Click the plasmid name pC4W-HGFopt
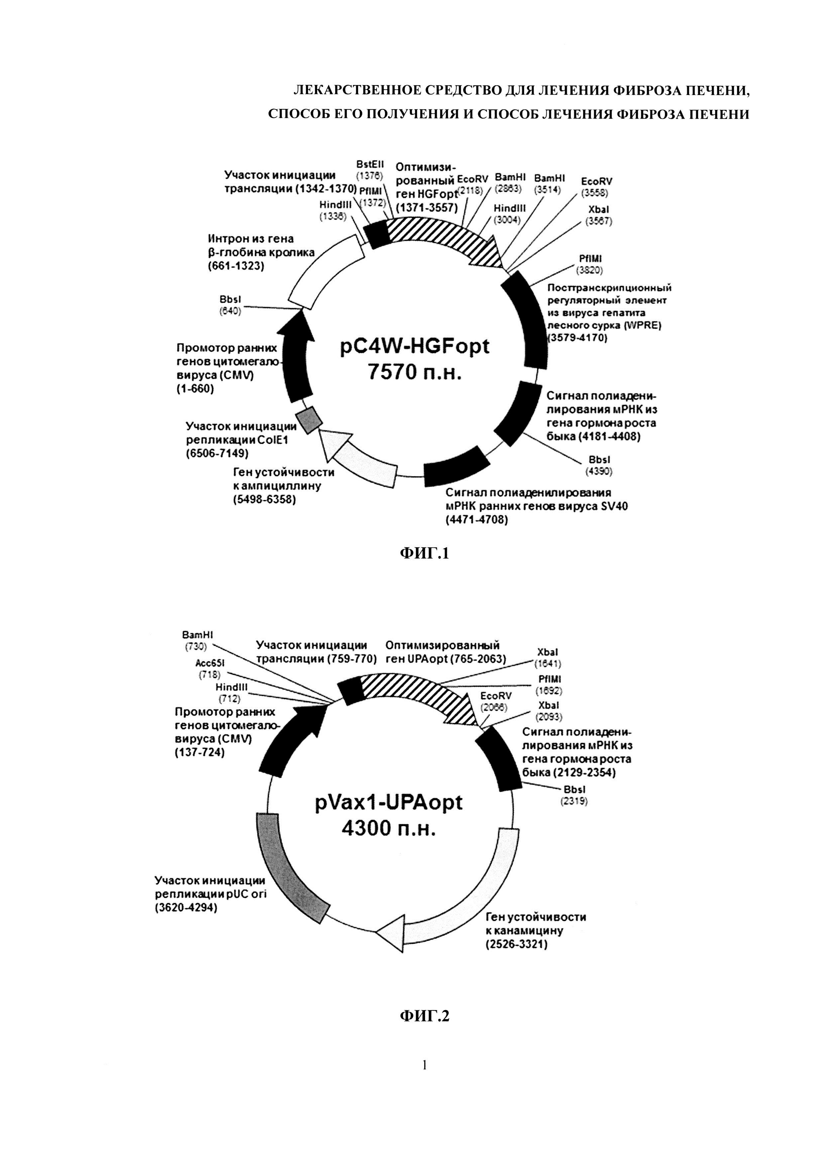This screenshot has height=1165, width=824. (415, 346)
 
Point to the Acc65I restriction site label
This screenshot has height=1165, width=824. (210, 663)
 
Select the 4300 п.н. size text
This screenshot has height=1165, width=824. (389, 828)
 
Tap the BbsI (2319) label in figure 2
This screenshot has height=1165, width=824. (574, 795)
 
